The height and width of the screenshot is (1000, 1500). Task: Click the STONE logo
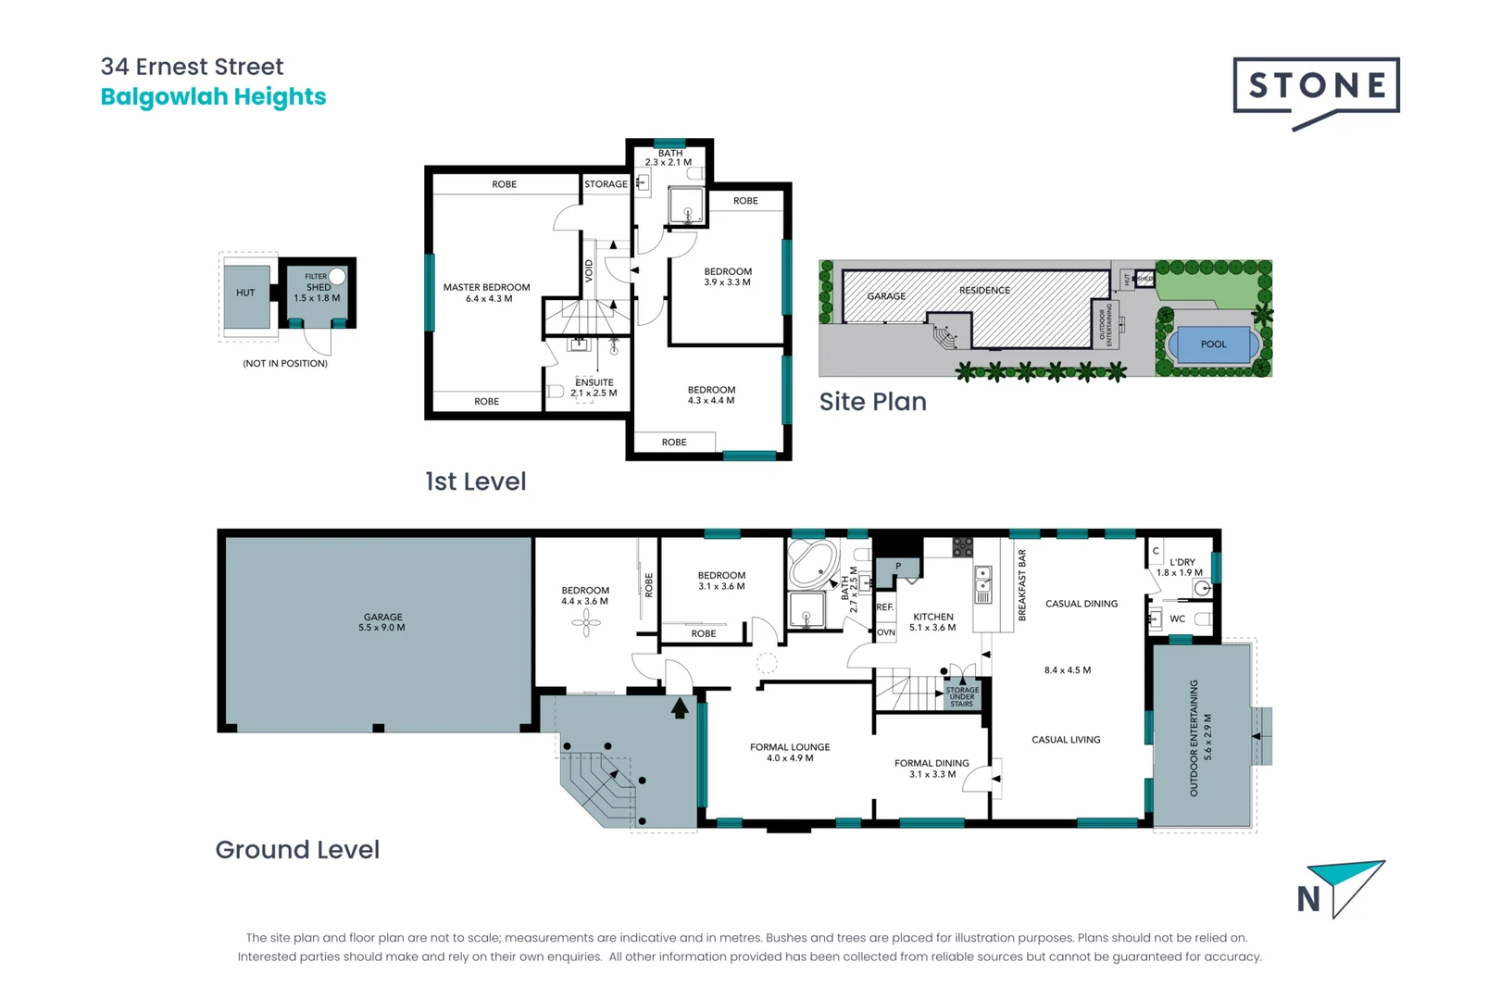tap(1316, 87)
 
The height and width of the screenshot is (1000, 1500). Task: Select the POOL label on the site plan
tap(1213, 344)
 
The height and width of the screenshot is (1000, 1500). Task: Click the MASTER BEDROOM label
tap(486, 293)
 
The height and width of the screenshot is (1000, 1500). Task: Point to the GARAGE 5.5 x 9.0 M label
tap(382, 622)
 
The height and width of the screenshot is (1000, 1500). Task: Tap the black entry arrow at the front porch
tap(680, 708)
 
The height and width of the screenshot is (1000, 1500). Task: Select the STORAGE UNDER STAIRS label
tap(962, 696)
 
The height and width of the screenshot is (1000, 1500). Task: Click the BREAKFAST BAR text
tap(1022, 585)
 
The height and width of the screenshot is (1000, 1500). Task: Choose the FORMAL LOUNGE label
tap(790, 752)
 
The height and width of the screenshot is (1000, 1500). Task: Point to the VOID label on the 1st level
tap(589, 270)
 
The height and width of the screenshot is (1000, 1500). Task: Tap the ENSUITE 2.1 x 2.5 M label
tap(594, 387)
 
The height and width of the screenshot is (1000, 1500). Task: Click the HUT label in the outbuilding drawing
tap(245, 293)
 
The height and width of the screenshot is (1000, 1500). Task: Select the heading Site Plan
tap(872, 402)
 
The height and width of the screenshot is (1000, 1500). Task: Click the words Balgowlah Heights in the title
tap(213, 97)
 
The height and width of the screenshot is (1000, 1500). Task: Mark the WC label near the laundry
tap(1177, 619)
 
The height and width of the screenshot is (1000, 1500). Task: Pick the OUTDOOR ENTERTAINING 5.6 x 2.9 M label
tap(1200, 737)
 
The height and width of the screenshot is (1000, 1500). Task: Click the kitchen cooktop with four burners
tap(963, 547)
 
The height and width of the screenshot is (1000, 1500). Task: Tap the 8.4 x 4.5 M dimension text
tap(1067, 670)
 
